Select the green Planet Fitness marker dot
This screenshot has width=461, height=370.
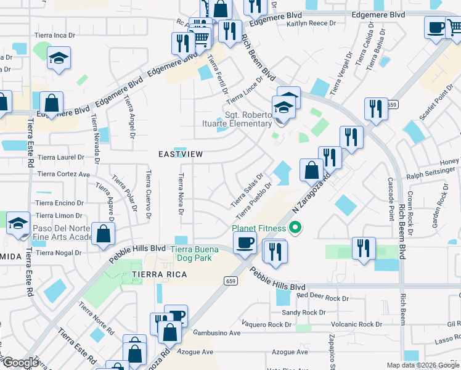coord(295,229)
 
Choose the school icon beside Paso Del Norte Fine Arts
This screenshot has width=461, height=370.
coord(18,223)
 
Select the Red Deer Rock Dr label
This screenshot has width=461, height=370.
coord(322,297)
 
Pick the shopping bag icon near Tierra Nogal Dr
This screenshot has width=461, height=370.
coord(104,233)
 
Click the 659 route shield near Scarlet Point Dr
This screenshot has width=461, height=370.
coord(393,105)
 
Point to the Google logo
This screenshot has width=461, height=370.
coord(20,363)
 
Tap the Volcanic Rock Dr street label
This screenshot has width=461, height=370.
coord(356,324)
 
